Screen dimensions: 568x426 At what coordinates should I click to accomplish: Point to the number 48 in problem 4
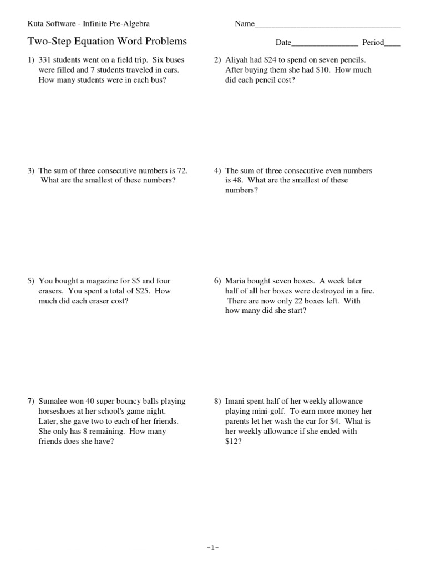(239, 181)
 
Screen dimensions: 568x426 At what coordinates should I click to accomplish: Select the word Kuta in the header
(36, 24)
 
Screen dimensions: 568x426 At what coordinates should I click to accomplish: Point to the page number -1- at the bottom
(213, 547)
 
